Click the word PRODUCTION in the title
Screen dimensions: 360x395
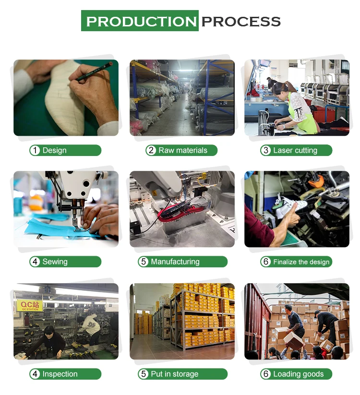pyautogui.click(x=141, y=22)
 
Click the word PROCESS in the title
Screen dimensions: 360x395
pyautogui.click(x=241, y=22)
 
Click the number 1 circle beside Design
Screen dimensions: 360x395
pyautogui.click(x=35, y=150)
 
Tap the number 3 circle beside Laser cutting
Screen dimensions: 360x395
pyautogui.click(x=266, y=150)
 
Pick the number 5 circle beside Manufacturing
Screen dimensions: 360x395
pyautogui.click(x=144, y=262)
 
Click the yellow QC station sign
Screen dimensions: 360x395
pyautogui.click(x=30, y=306)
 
